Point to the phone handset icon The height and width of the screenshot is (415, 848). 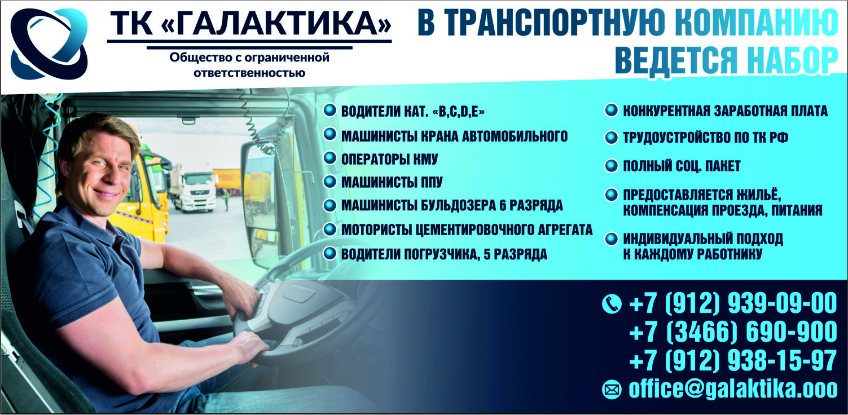coord(612,304)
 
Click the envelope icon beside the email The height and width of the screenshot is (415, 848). coord(612,390)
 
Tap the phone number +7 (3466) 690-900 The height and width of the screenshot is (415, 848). coord(733,332)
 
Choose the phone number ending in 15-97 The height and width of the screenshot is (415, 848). coord(733,360)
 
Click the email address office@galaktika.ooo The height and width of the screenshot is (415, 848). coord(733,388)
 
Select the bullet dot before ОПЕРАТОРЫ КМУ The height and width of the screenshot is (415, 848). coord(329,158)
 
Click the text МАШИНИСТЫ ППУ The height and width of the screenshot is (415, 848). coord(392,182)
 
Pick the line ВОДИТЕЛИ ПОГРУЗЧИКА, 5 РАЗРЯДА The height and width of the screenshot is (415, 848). coord(444,254)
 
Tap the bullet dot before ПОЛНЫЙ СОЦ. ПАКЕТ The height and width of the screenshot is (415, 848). coord(611,165)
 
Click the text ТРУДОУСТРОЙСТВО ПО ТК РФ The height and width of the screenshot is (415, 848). coord(706,138)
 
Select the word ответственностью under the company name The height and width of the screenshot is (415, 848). coord(249,73)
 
